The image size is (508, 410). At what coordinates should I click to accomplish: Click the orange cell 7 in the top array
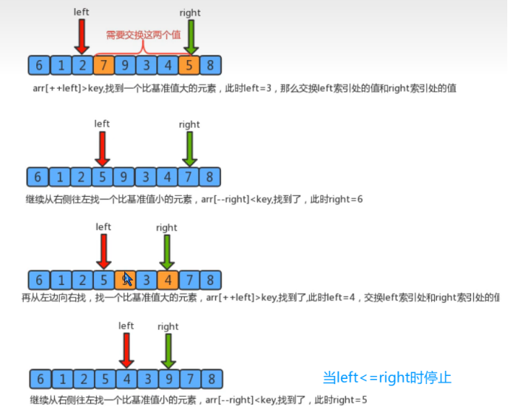pyautogui.click(x=104, y=65)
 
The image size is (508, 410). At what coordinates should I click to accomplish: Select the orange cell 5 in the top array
pyautogui.click(x=189, y=65)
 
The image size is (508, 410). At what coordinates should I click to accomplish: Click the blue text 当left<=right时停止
pyautogui.click(x=387, y=377)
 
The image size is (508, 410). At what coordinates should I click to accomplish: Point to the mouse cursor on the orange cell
pyautogui.click(x=127, y=279)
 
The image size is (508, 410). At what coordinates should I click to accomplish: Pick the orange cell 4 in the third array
pyautogui.click(x=168, y=280)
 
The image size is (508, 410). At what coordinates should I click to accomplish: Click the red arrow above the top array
pyautogui.click(x=82, y=36)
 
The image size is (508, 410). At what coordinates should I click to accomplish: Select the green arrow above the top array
pyautogui.click(x=191, y=36)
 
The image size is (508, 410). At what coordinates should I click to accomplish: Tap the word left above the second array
pyautogui.click(x=102, y=124)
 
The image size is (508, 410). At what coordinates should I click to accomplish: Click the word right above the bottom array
pyautogui.click(x=168, y=326)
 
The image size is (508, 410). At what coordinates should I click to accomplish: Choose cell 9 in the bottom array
pyautogui.click(x=168, y=380)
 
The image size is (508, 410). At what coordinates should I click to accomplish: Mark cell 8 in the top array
pyautogui.click(x=211, y=65)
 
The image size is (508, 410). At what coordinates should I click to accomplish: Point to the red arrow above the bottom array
pyautogui.click(x=126, y=352)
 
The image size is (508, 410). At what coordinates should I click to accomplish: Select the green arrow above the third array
pyautogui.click(x=168, y=252)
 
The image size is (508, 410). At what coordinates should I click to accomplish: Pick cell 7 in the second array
pyautogui.click(x=189, y=176)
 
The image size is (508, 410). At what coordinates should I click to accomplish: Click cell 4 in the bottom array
pyautogui.click(x=126, y=380)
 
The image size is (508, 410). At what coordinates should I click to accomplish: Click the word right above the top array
pyautogui.click(x=190, y=13)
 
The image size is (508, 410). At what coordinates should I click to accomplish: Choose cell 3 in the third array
pyautogui.click(x=146, y=280)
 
